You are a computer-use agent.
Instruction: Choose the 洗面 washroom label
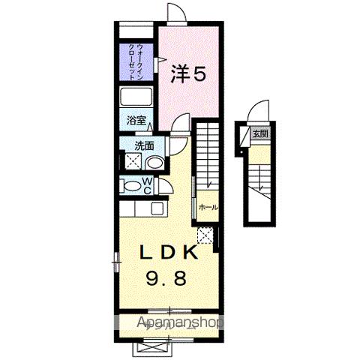(x=145, y=146)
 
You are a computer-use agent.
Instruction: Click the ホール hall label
(x=208, y=207)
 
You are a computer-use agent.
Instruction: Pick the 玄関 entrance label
(x=259, y=133)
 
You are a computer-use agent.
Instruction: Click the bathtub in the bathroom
(x=136, y=97)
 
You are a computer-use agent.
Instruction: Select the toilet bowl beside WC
(x=130, y=186)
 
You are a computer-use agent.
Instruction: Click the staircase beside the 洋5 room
(x=207, y=157)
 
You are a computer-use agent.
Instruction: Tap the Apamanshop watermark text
(x=180, y=324)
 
